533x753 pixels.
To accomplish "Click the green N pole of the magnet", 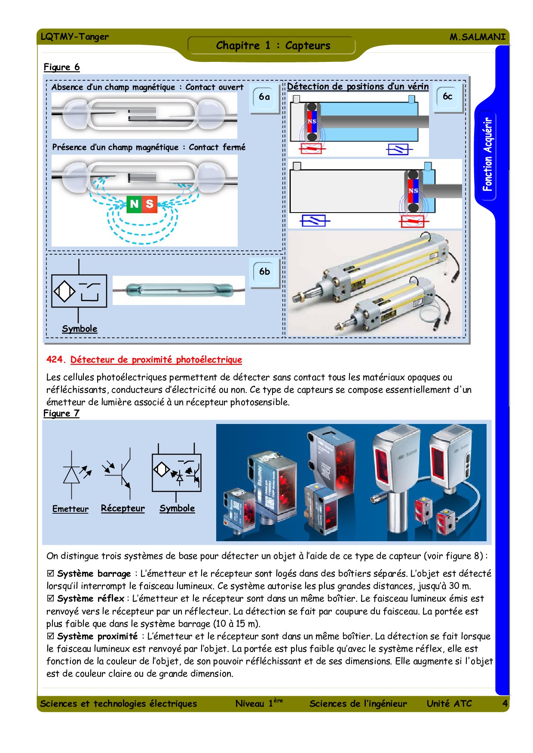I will [x=134, y=204].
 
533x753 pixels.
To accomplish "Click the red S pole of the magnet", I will [x=150, y=204].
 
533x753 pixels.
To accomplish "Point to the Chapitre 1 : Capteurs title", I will [x=273, y=46].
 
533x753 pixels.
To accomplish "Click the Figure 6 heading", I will [x=61, y=67].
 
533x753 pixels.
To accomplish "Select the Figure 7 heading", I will [x=61, y=413].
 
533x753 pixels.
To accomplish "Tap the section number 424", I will [x=56, y=360].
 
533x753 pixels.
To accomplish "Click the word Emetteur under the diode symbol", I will [x=70, y=509].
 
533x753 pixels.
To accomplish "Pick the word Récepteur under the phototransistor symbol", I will [x=123, y=509].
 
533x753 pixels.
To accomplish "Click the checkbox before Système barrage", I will [x=51, y=573].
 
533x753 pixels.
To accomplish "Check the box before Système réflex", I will [x=51, y=598].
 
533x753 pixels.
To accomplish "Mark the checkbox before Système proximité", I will [x=51, y=636].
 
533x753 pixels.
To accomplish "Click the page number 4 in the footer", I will [x=505, y=704].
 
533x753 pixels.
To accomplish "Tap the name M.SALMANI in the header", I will [x=477, y=37].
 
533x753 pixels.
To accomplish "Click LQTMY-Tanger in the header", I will [x=75, y=37].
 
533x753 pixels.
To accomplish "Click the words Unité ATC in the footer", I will [x=449, y=704].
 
